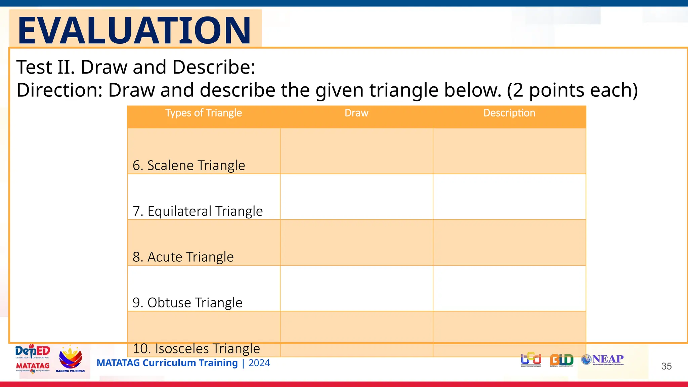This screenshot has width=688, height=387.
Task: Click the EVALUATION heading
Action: click(x=134, y=30)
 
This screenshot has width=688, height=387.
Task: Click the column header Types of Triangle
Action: click(x=204, y=113)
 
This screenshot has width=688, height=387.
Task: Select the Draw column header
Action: click(x=356, y=113)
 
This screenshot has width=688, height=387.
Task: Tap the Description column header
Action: click(x=509, y=113)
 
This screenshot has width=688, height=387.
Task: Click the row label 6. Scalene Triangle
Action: click(x=189, y=165)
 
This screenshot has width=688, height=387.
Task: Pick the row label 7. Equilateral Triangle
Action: click(x=198, y=211)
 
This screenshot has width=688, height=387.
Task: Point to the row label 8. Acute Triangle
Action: click(x=183, y=257)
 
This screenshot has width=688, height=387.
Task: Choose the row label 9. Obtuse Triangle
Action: click(x=187, y=303)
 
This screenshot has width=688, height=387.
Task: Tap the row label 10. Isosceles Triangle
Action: click(x=196, y=348)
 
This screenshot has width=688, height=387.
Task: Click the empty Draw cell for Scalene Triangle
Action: click(x=356, y=151)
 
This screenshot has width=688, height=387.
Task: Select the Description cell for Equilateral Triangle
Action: click(x=509, y=197)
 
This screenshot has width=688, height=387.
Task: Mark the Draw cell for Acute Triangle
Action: click(x=356, y=243)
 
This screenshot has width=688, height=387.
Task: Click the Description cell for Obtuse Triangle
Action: click(x=509, y=288)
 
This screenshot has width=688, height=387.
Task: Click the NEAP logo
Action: click(x=603, y=359)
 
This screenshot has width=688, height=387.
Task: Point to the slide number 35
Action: click(x=666, y=366)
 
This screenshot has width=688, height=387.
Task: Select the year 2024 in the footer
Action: click(x=259, y=363)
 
